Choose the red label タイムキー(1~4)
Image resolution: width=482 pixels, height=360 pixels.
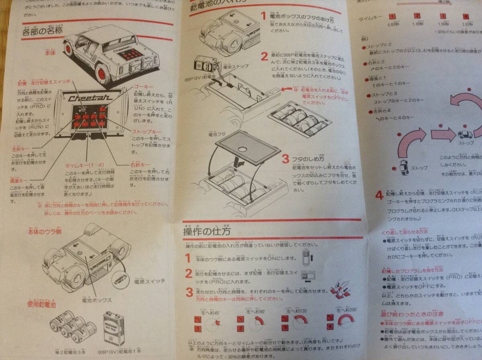point(84,165)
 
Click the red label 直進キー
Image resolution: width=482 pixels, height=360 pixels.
point(20,180)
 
